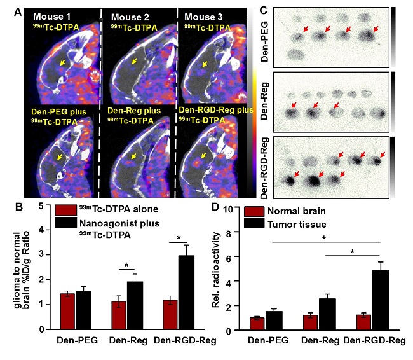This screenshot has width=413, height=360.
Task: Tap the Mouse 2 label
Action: (x=124, y=16)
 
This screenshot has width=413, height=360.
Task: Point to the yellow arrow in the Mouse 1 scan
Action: (x=62, y=63)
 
